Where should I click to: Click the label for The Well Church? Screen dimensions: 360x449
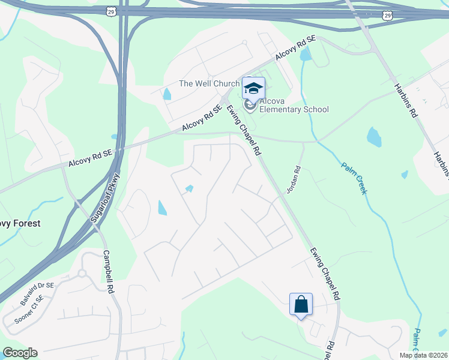click(x=209, y=83)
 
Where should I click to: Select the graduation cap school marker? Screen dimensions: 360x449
click(x=253, y=88)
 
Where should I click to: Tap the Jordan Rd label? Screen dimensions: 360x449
click(x=293, y=179)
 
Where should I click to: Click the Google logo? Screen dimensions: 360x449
click(x=20, y=353)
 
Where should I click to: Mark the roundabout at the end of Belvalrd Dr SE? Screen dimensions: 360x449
click(x=82, y=273)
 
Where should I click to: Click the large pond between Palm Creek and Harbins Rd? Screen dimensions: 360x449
click(x=374, y=137)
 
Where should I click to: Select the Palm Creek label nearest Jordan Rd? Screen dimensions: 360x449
click(x=354, y=178)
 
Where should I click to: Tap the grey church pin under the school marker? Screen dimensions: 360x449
click(x=249, y=106)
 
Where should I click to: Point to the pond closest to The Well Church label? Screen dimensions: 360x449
click(x=166, y=94)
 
